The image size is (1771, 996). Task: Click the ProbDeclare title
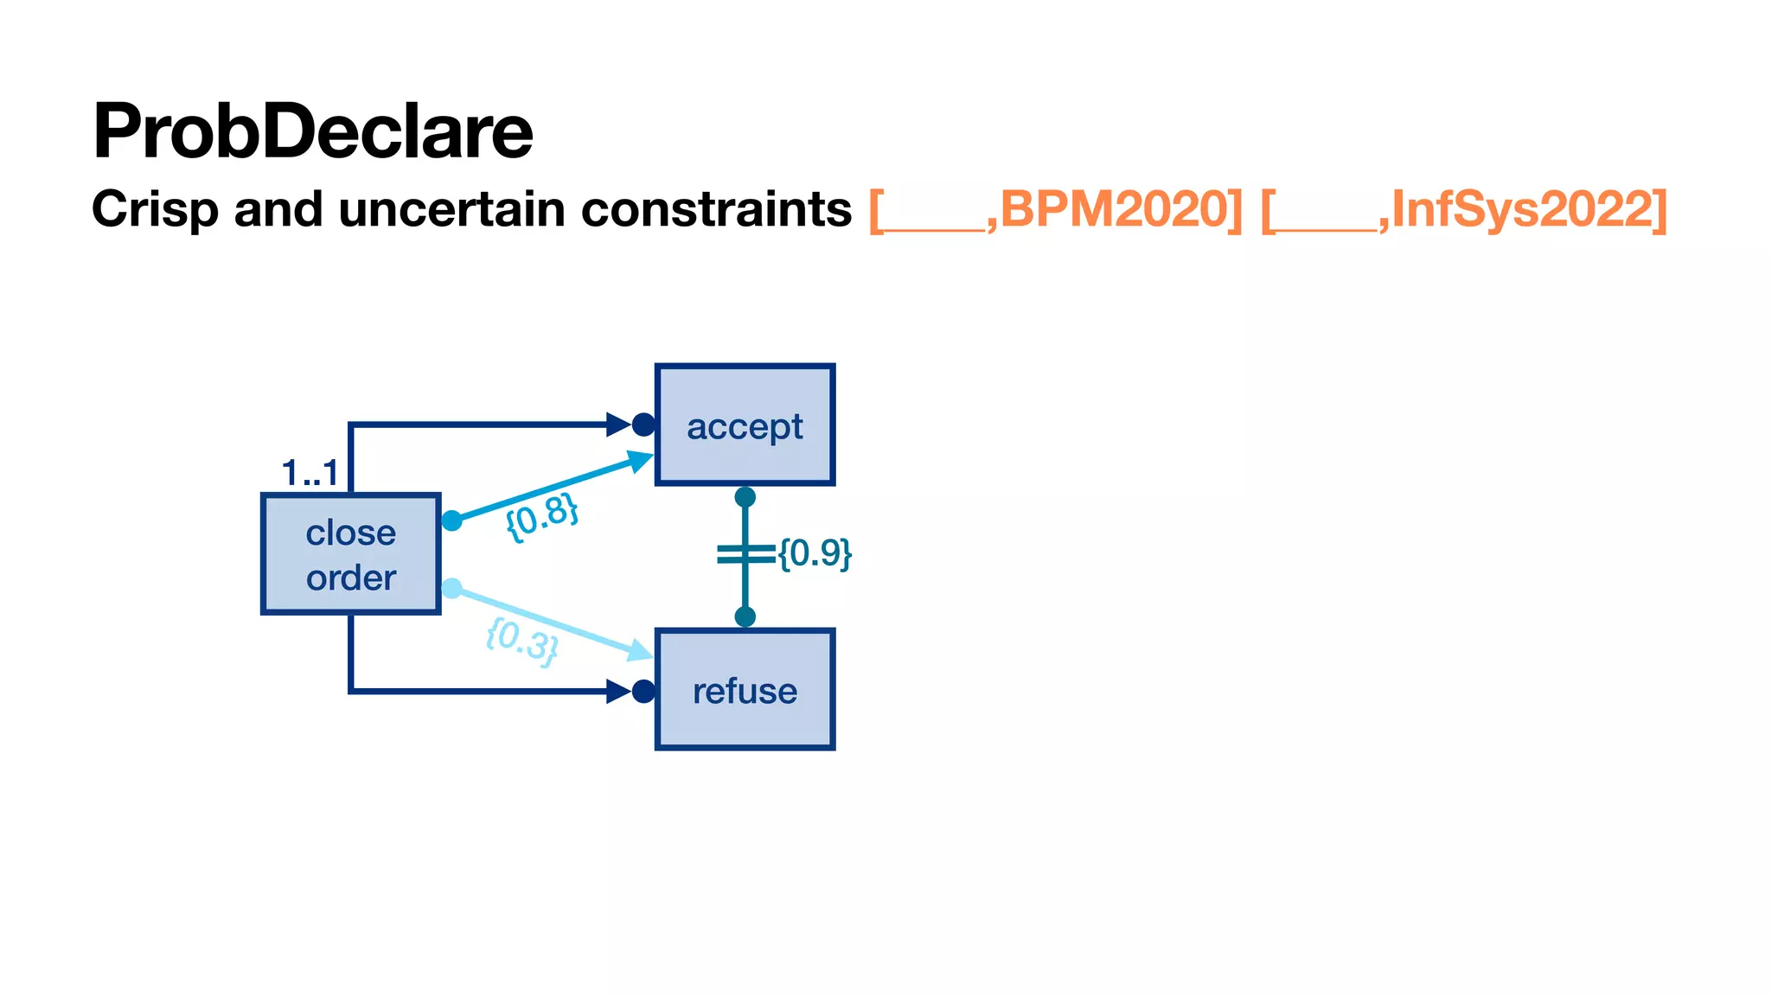tap(312, 132)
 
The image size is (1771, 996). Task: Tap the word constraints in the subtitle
tap(716, 210)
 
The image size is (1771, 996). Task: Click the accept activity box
tap(745, 425)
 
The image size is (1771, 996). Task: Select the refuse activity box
tap(745, 690)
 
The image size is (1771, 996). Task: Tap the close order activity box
tap(351, 554)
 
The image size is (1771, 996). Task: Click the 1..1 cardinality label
tap(310, 474)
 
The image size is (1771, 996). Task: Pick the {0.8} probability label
tap(541, 517)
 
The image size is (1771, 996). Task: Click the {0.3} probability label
tap(521, 641)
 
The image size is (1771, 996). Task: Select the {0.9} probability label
tap(815, 553)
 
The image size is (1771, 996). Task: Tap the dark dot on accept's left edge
tap(643, 425)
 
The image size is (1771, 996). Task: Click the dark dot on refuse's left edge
tap(643, 692)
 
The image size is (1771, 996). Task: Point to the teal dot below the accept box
tap(745, 497)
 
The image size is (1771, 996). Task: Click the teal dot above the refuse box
tap(745, 616)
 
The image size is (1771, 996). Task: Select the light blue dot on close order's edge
tap(451, 589)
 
